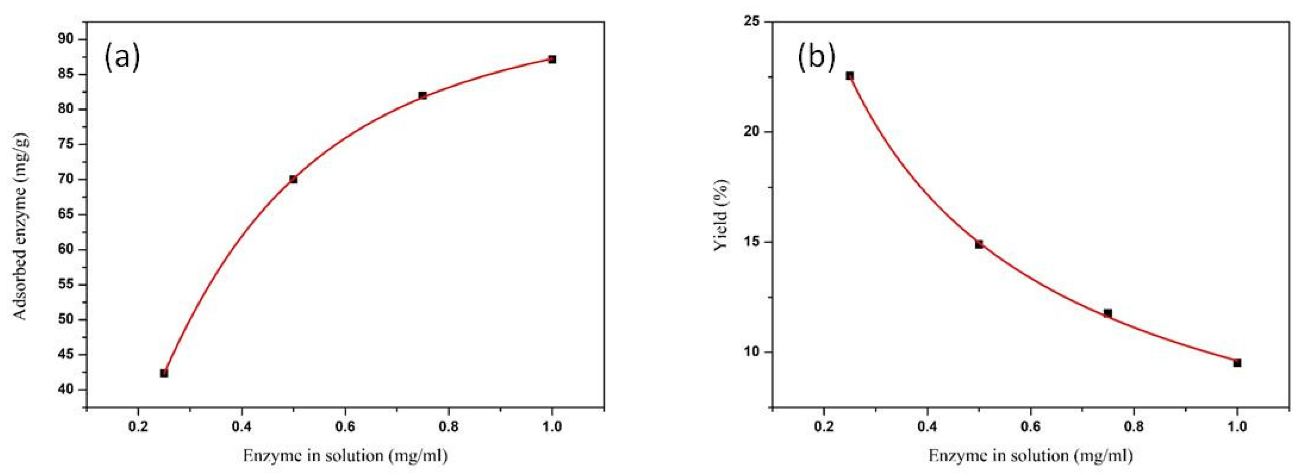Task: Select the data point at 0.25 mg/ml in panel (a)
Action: pyautogui.click(x=164, y=373)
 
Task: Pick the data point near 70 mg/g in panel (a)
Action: pyautogui.click(x=293, y=179)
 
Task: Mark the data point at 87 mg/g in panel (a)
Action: pyautogui.click(x=552, y=59)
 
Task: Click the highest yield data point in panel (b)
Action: pyautogui.click(x=850, y=76)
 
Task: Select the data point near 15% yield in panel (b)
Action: pyautogui.click(x=979, y=244)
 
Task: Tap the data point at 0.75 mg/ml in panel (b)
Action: pyautogui.click(x=1108, y=313)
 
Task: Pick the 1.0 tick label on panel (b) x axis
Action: pyautogui.click(x=1237, y=427)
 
